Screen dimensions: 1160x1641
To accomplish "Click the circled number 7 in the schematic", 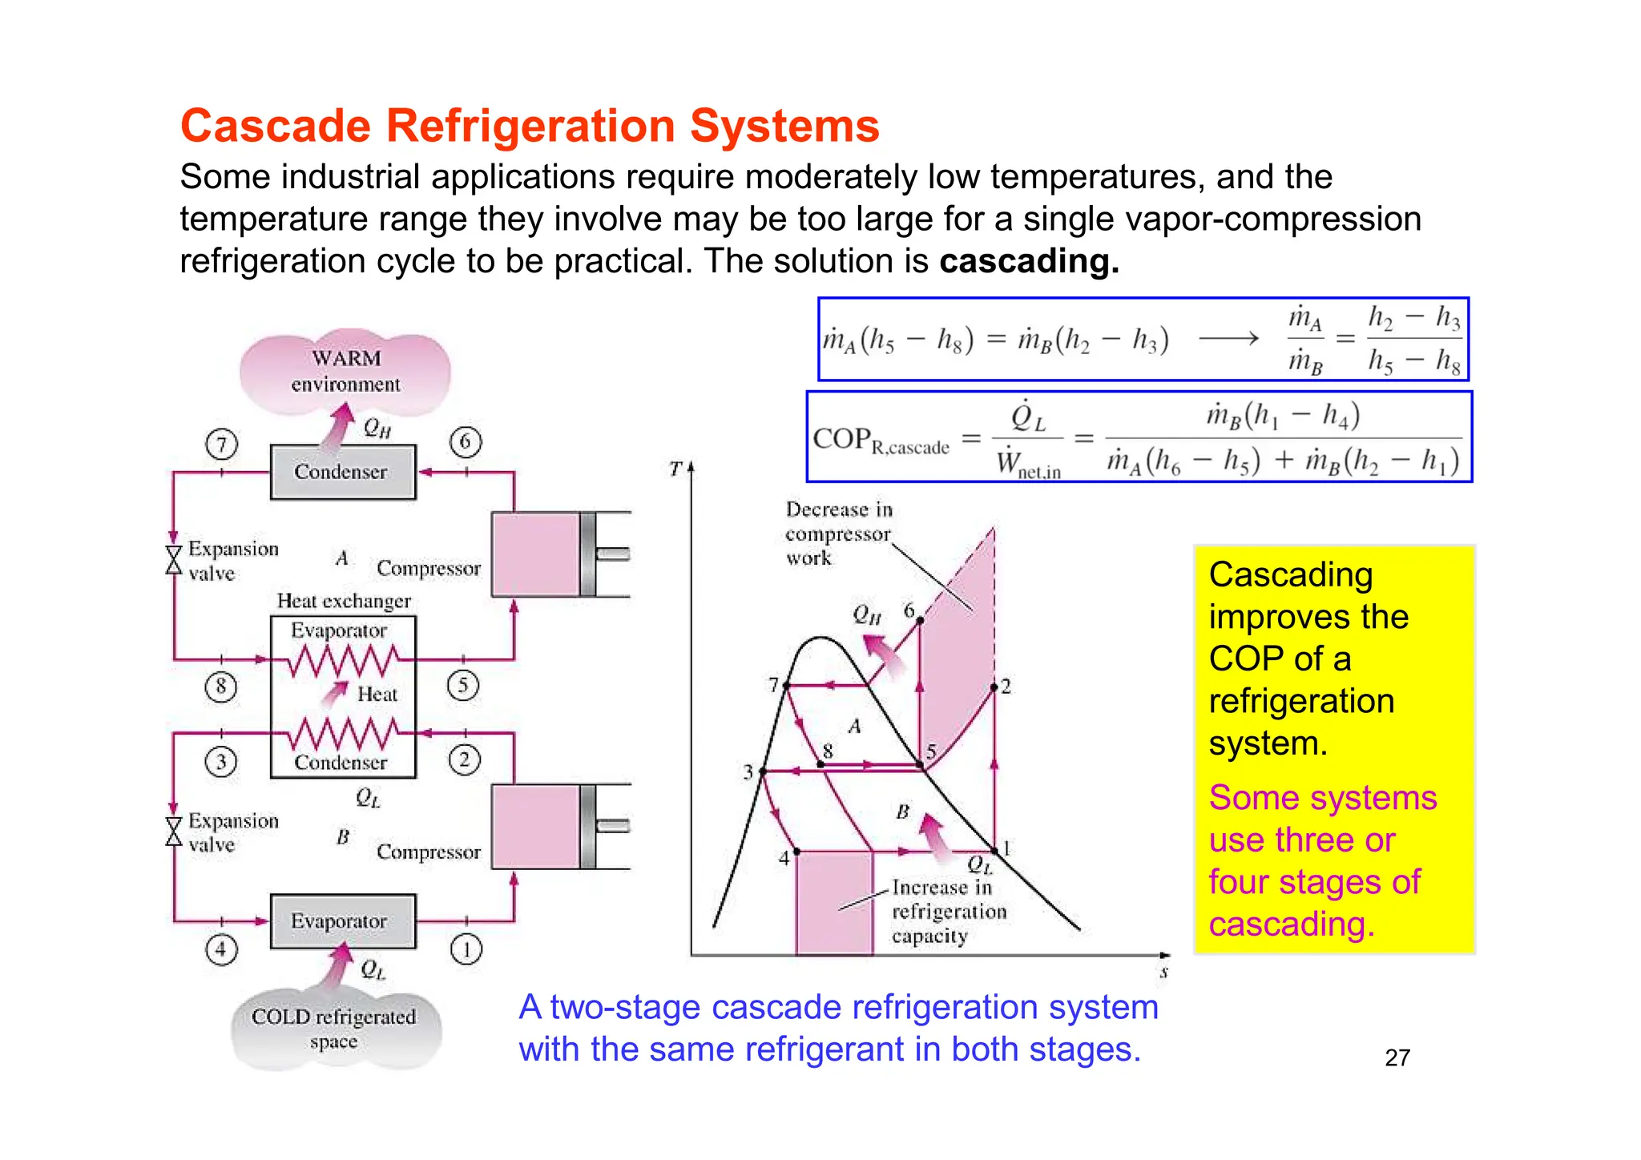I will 222,444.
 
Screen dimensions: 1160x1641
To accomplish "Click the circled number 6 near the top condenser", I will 466,441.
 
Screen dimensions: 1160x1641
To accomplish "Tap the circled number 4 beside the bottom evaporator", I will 221,949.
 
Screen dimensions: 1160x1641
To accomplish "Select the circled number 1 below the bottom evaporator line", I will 466,949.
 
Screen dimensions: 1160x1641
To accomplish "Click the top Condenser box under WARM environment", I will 343,472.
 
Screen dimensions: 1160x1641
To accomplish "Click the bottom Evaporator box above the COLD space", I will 343,921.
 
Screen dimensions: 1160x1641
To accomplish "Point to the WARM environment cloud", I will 345,371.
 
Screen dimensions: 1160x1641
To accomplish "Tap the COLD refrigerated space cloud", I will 335,1029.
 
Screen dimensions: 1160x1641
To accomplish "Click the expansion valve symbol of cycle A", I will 174,560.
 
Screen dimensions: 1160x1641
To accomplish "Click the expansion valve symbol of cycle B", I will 174,832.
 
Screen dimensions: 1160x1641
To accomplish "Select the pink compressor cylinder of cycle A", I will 535,554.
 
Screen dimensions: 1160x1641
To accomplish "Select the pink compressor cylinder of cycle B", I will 535,827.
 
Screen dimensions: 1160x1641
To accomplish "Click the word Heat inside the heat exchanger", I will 377,694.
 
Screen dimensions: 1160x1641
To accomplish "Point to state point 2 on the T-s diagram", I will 994,687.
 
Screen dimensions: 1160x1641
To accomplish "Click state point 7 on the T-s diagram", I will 787,686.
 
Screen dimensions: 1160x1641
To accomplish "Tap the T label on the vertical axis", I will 675,469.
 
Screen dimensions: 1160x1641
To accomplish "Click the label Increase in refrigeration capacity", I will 948,912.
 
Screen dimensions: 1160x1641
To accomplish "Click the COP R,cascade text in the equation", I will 881,440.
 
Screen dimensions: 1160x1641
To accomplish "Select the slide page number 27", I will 1397,1057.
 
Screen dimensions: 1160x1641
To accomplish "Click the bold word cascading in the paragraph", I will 1028,261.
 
